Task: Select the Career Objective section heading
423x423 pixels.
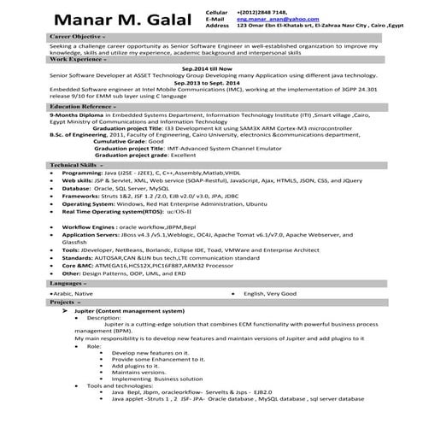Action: tap(78, 38)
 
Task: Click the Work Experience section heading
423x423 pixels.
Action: tap(78, 61)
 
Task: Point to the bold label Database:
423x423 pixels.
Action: tap(78, 187)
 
